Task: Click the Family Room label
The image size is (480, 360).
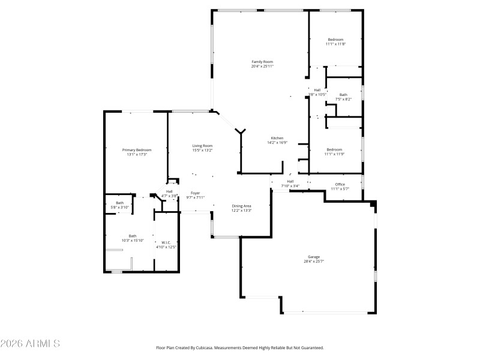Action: (262, 62)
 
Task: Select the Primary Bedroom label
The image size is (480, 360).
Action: (137, 150)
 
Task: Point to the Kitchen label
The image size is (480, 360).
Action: (277, 138)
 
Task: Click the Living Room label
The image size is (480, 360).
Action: (202, 146)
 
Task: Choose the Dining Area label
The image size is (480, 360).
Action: (241, 206)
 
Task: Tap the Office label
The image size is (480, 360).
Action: (340, 184)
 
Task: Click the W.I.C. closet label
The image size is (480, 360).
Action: (166, 242)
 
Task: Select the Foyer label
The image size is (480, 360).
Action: (196, 193)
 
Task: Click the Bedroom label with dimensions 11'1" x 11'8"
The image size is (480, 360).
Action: (335, 40)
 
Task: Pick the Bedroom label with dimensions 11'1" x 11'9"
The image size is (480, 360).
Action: (334, 149)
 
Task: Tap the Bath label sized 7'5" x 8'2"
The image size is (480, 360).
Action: (343, 95)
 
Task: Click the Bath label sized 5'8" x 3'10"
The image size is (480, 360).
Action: (120, 203)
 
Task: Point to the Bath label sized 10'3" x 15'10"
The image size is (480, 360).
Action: (133, 236)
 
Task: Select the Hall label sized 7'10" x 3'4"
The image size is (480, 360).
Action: (290, 181)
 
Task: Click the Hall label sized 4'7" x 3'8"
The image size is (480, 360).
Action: (169, 191)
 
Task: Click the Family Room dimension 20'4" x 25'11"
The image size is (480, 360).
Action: (262, 66)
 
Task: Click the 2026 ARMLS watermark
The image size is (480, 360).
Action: (30, 344)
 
